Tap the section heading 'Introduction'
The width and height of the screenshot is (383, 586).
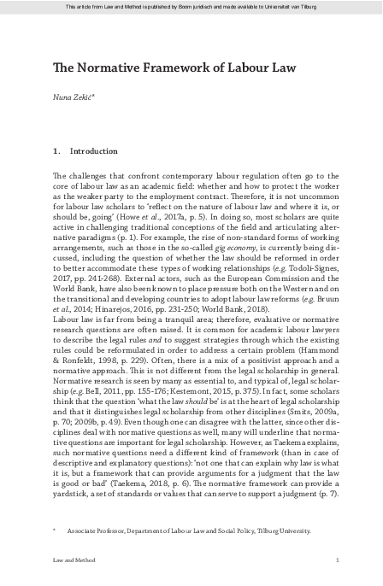(94, 150)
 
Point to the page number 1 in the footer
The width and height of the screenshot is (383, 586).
(339, 560)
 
